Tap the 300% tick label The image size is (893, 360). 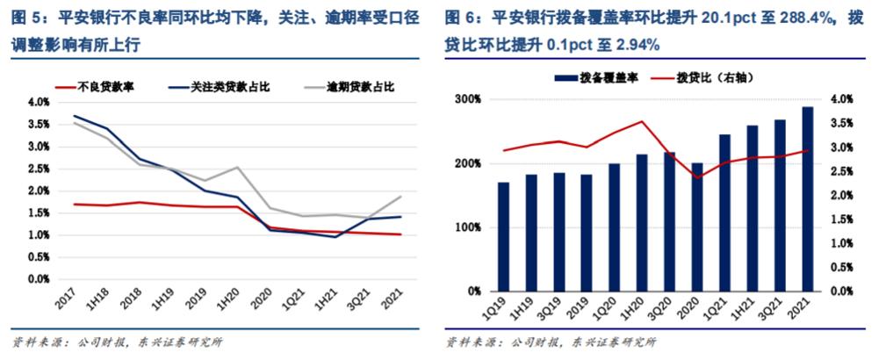click(469, 100)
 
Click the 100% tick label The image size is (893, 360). click(469, 227)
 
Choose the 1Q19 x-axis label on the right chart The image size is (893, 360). click(500, 307)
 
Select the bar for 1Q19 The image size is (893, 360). click(503, 236)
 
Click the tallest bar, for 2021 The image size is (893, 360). click(807, 198)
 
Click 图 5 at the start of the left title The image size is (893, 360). click(24, 17)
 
